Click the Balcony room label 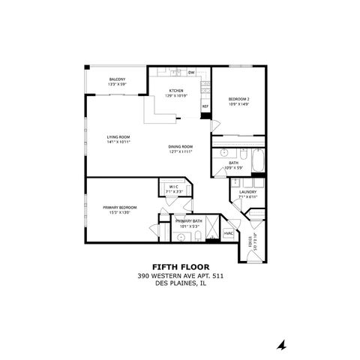click(x=116, y=79)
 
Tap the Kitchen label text click(x=176, y=91)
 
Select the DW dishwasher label click(x=191, y=73)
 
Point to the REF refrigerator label click(x=205, y=106)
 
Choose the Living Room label click(x=119, y=136)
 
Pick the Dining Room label click(x=181, y=146)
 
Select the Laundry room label click(x=248, y=192)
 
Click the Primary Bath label click(x=188, y=221)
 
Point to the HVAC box click(x=228, y=234)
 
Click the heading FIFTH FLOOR click(x=180, y=266)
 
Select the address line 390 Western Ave click(x=180, y=275)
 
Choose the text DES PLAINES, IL click(x=180, y=283)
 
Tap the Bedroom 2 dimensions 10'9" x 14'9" click(x=239, y=104)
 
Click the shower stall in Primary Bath click(x=212, y=226)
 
